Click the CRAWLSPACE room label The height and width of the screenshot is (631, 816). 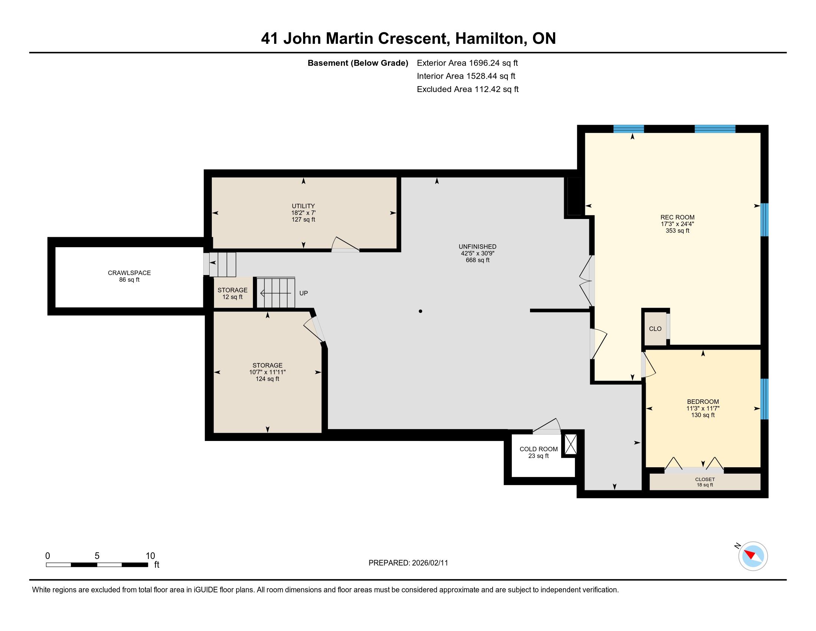tap(129, 273)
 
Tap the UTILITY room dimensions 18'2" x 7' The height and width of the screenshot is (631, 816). tap(303, 213)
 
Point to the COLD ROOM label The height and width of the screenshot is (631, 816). tap(539, 449)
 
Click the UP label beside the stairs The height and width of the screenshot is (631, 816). tap(303, 294)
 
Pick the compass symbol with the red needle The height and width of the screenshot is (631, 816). tap(753, 556)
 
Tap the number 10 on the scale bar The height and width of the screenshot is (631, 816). tap(150, 556)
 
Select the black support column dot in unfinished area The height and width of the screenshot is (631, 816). tap(420, 311)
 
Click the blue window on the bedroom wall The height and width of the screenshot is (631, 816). tap(764, 399)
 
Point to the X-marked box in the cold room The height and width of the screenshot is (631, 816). tap(570, 444)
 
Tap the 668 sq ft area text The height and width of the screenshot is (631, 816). tap(477, 260)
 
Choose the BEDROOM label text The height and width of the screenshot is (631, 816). tap(703, 402)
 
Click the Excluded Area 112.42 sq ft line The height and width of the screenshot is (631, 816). tap(468, 89)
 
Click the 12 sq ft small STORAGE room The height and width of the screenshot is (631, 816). tap(233, 294)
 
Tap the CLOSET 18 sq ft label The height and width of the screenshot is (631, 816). tap(705, 482)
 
